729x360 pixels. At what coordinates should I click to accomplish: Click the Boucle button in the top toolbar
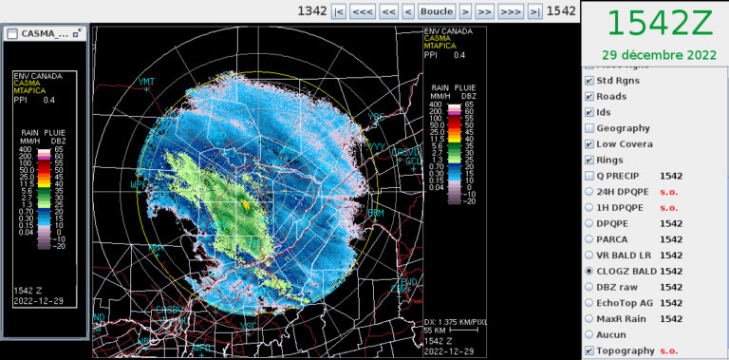tap(437, 11)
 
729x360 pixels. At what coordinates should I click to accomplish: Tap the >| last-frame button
tap(535, 11)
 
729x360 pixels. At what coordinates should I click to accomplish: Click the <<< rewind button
tap(362, 11)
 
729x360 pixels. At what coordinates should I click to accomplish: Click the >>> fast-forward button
tap(511, 11)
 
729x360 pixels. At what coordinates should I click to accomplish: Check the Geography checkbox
tap(590, 128)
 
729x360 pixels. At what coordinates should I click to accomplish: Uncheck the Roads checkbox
tap(590, 96)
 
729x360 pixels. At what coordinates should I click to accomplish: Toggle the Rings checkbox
tap(590, 160)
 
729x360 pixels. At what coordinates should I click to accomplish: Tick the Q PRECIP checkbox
tap(590, 176)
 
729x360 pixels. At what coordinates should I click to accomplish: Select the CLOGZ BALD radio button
tap(590, 271)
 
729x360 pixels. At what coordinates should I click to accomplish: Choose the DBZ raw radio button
tap(590, 287)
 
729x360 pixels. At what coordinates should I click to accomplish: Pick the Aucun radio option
tap(590, 334)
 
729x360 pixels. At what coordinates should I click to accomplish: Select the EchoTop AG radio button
tap(590, 303)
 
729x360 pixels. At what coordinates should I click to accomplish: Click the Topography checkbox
tap(590, 351)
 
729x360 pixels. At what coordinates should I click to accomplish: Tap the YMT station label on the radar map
tap(146, 82)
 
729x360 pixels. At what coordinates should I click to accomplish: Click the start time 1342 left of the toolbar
tap(312, 11)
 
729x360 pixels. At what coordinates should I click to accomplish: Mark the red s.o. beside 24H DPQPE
tap(669, 192)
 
